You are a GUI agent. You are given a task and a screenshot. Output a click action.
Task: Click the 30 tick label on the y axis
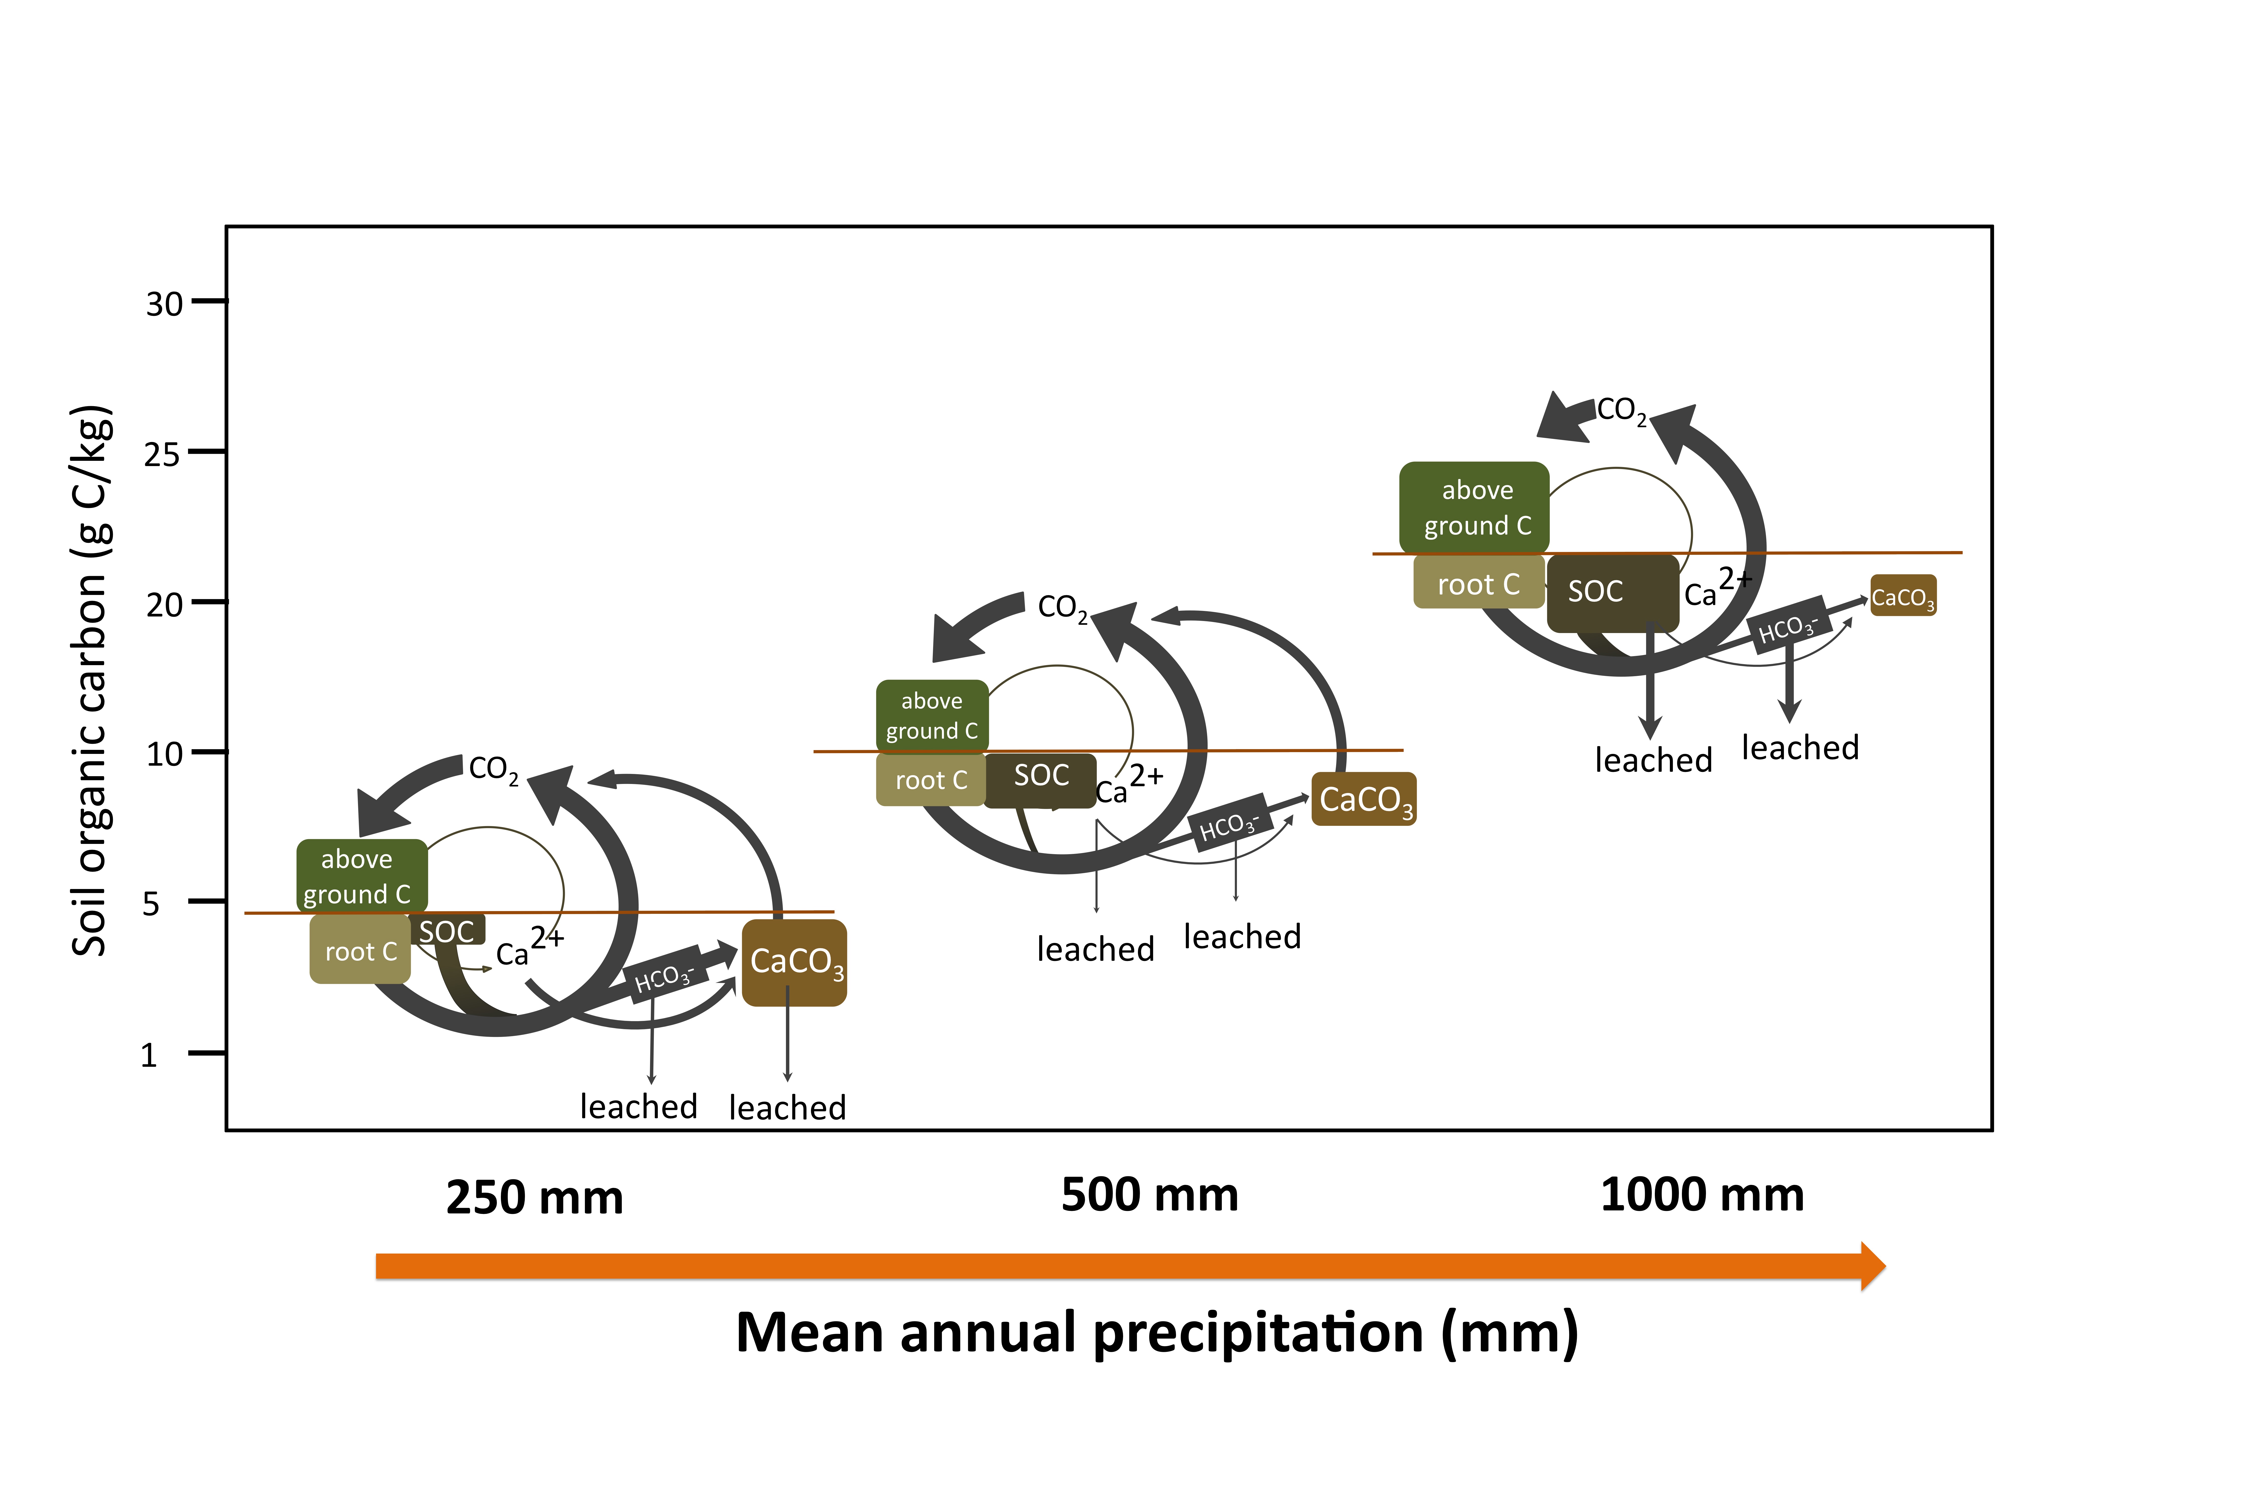click(164, 304)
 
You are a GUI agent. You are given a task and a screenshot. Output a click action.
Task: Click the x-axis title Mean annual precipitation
click(1157, 1333)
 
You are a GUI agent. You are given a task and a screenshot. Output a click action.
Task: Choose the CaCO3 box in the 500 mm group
click(1364, 799)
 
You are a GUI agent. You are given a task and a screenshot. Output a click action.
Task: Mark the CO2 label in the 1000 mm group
click(1621, 410)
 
